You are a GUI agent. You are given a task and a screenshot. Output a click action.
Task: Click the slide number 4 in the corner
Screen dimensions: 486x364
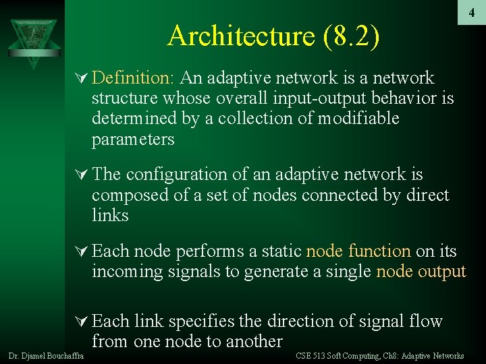tap(472, 12)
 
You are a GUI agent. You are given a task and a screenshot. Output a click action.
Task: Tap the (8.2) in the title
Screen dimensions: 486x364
tap(351, 36)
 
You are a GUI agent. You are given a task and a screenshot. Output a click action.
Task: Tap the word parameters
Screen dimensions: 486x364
tap(133, 140)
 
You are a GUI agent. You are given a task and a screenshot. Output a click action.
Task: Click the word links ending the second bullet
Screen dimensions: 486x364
tap(110, 216)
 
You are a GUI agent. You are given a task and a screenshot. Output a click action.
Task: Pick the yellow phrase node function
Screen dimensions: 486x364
tap(358, 251)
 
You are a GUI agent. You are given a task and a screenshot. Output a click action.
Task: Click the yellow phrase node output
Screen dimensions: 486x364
tap(421, 272)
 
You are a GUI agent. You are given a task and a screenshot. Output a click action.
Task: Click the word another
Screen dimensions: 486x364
tap(249, 341)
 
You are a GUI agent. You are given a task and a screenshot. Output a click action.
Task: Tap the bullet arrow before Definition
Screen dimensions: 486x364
tap(80, 79)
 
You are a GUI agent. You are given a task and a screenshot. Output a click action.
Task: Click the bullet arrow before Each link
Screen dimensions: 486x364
tap(80, 322)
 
